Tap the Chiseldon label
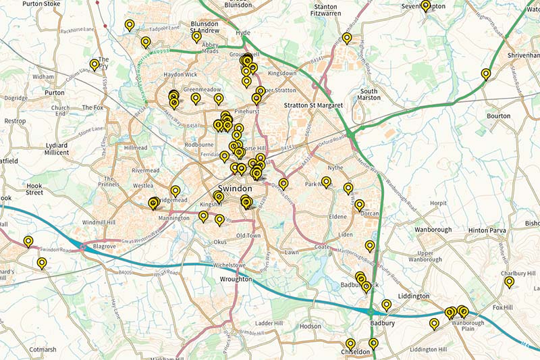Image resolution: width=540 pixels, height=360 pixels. [356, 352]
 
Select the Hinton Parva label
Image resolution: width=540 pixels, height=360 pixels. [488, 230]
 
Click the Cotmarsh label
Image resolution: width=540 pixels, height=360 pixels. [43, 349]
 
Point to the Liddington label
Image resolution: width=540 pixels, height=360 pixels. [414, 296]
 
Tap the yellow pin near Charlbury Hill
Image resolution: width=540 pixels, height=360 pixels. [509, 282]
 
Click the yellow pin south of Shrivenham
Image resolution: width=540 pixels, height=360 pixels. [485, 74]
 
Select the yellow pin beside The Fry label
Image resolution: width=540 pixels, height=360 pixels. [94, 64]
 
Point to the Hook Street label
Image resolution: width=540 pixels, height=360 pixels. [34, 188]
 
